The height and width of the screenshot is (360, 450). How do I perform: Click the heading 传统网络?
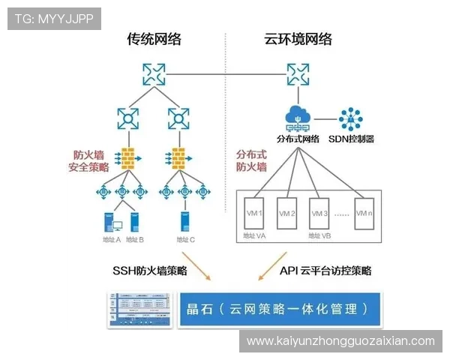(153, 39)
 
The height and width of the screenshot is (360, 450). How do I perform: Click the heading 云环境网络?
(298, 39)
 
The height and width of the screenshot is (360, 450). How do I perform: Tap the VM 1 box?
(255, 213)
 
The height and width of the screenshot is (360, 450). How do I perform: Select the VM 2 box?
(288, 213)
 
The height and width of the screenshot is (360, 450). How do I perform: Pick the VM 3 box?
(320, 213)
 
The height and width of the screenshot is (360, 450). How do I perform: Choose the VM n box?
(364, 213)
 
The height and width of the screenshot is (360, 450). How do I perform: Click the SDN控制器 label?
(351, 139)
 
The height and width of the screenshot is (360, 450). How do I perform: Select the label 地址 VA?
(254, 235)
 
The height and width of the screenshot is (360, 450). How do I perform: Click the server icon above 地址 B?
(135, 223)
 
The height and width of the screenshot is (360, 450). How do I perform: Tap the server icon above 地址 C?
(184, 223)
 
